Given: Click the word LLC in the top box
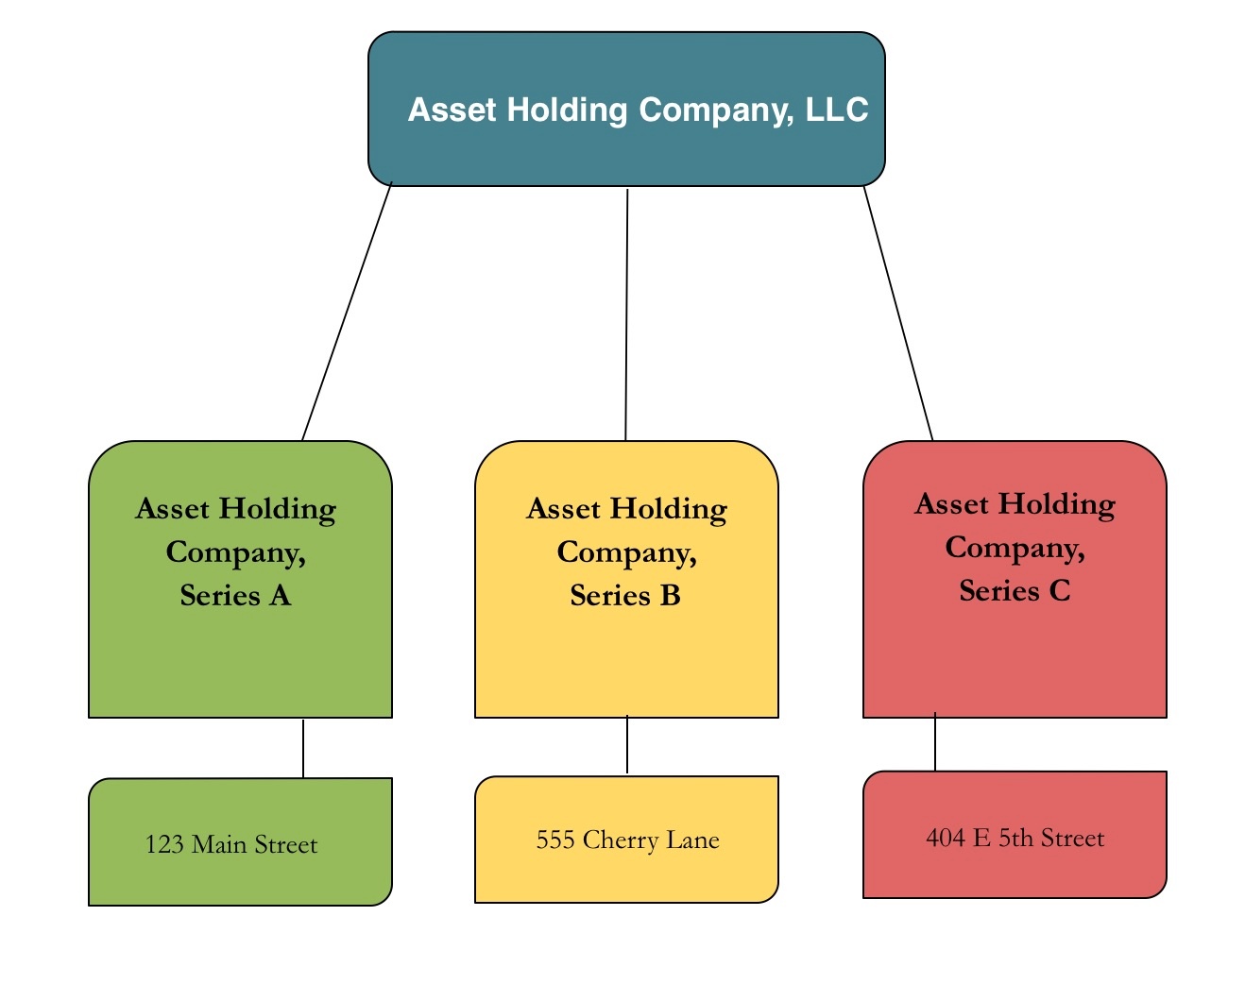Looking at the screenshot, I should click(x=837, y=110).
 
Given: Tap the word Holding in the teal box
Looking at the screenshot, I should click(x=567, y=110).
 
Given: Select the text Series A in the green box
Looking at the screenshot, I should click(x=235, y=596).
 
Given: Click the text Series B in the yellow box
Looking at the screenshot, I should click(x=625, y=596).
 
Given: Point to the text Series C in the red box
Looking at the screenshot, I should click(x=1015, y=591).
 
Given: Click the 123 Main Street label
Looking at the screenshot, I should click(x=231, y=844).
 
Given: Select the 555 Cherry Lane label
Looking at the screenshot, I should click(x=627, y=840).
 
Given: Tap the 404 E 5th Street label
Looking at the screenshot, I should click(x=1015, y=839).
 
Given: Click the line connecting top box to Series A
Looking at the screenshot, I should click(x=347, y=312).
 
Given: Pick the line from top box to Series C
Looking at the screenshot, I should click(x=898, y=313).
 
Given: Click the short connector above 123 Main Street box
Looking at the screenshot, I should click(x=303, y=749).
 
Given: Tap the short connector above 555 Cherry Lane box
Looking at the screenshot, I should click(x=627, y=745).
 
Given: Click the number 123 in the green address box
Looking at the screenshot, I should click(x=164, y=844).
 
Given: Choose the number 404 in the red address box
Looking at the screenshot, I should click(x=946, y=839).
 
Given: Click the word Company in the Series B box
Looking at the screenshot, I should click(x=626, y=552).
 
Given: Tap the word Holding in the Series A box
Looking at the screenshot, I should click(x=277, y=509).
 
